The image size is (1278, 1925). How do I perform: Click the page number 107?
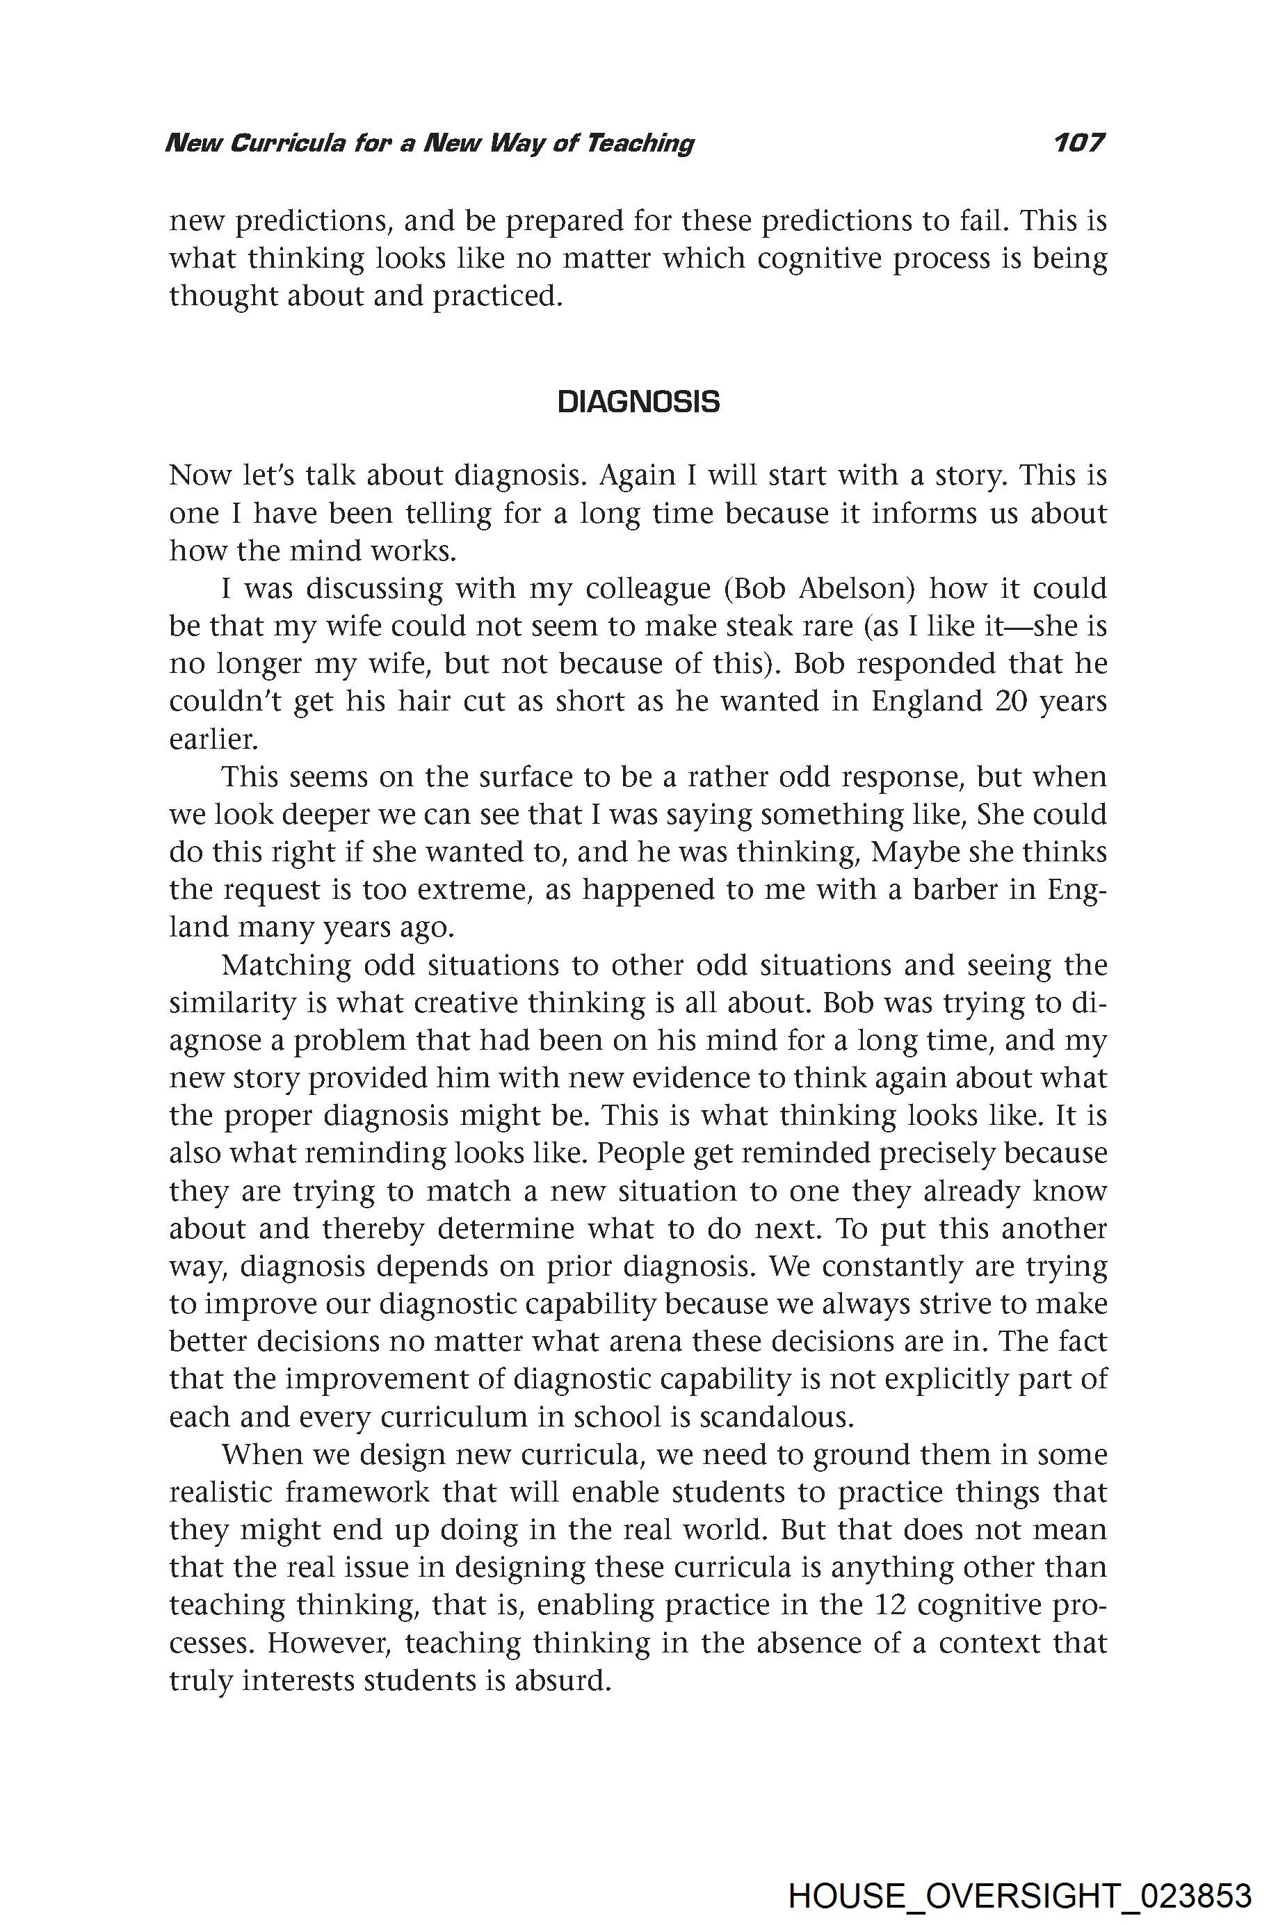[x=1078, y=143]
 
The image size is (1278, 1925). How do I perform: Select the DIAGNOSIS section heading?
[x=638, y=402]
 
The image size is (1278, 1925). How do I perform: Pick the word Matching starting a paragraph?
[x=286, y=965]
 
